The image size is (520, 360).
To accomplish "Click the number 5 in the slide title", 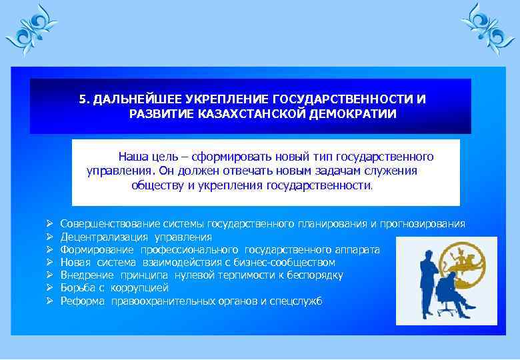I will pyautogui.click(x=82, y=99).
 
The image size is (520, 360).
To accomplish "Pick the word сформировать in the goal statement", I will pyautogui.click(x=225, y=157).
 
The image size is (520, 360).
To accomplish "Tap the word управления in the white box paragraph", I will pyautogui.click(x=114, y=171).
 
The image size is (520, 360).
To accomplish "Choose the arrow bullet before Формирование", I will pyautogui.click(x=50, y=250).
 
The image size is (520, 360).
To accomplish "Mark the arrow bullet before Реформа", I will pyautogui.click(x=50, y=301).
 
